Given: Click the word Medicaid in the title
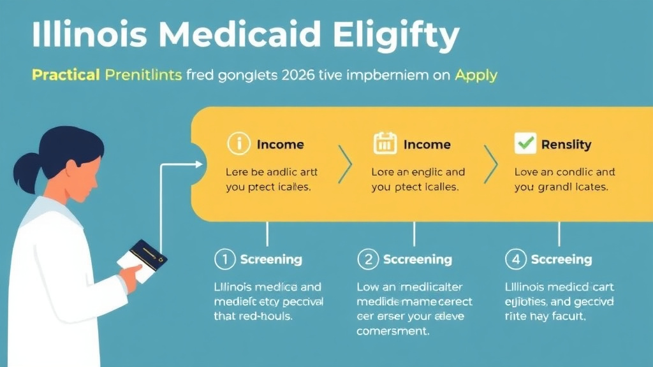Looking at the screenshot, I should click(x=246, y=36).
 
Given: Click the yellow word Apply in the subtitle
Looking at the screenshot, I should click(x=476, y=75).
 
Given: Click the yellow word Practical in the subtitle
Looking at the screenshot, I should click(x=66, y=75).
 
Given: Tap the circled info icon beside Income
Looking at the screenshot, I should click(x=238, y=145).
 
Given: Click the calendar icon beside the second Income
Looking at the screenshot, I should click(x=385, y=145).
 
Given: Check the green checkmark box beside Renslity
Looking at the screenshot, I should click(x=525, y=144).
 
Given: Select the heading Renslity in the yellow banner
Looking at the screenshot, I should click(x=566, y=145).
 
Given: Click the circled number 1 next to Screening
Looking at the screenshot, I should click(x=224, y=259).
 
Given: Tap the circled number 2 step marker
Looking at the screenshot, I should click(x=368, y=259).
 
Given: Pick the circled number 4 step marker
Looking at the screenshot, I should click(x=515, y=259).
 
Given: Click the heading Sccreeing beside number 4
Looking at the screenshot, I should click(x=561, y=260).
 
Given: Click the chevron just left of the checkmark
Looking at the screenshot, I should click(x=491, y=164).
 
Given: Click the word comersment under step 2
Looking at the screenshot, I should click(x=392, y=331).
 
